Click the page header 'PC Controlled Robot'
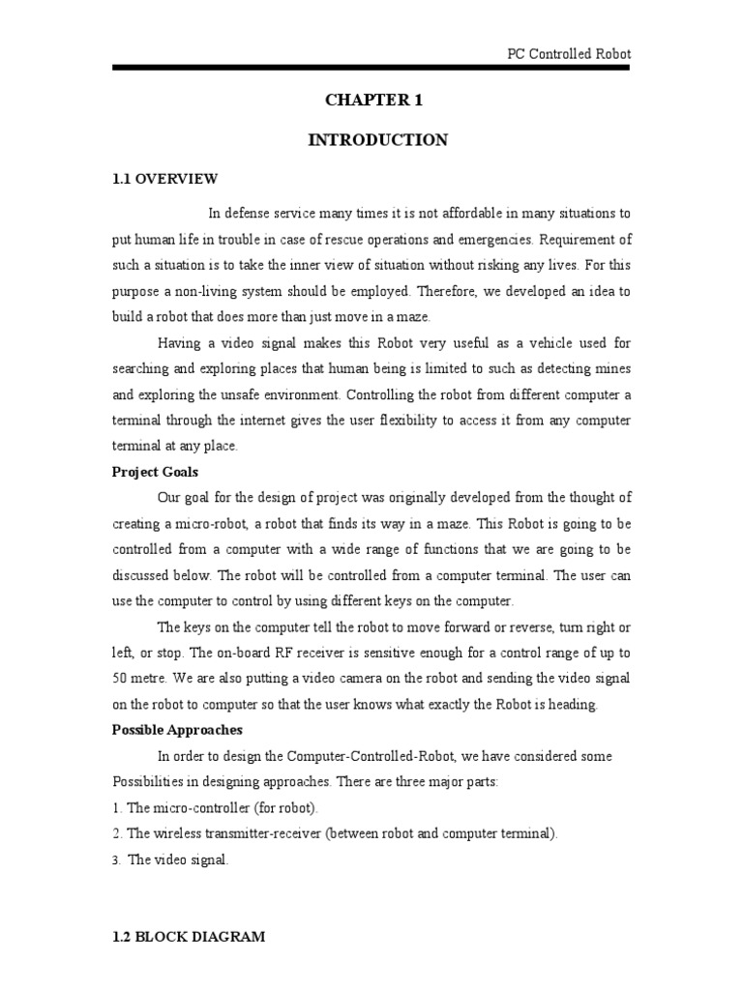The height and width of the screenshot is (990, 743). (x=569, y=54)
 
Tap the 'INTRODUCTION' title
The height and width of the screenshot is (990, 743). (x=377, y=140)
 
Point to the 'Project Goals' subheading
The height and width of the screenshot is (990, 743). (x=156, y=472)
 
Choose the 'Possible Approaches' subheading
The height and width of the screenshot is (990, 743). (x=177, y=729)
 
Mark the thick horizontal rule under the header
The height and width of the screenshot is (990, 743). (x=371, y=68)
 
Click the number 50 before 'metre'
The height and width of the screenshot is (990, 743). (x=121, y=678)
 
